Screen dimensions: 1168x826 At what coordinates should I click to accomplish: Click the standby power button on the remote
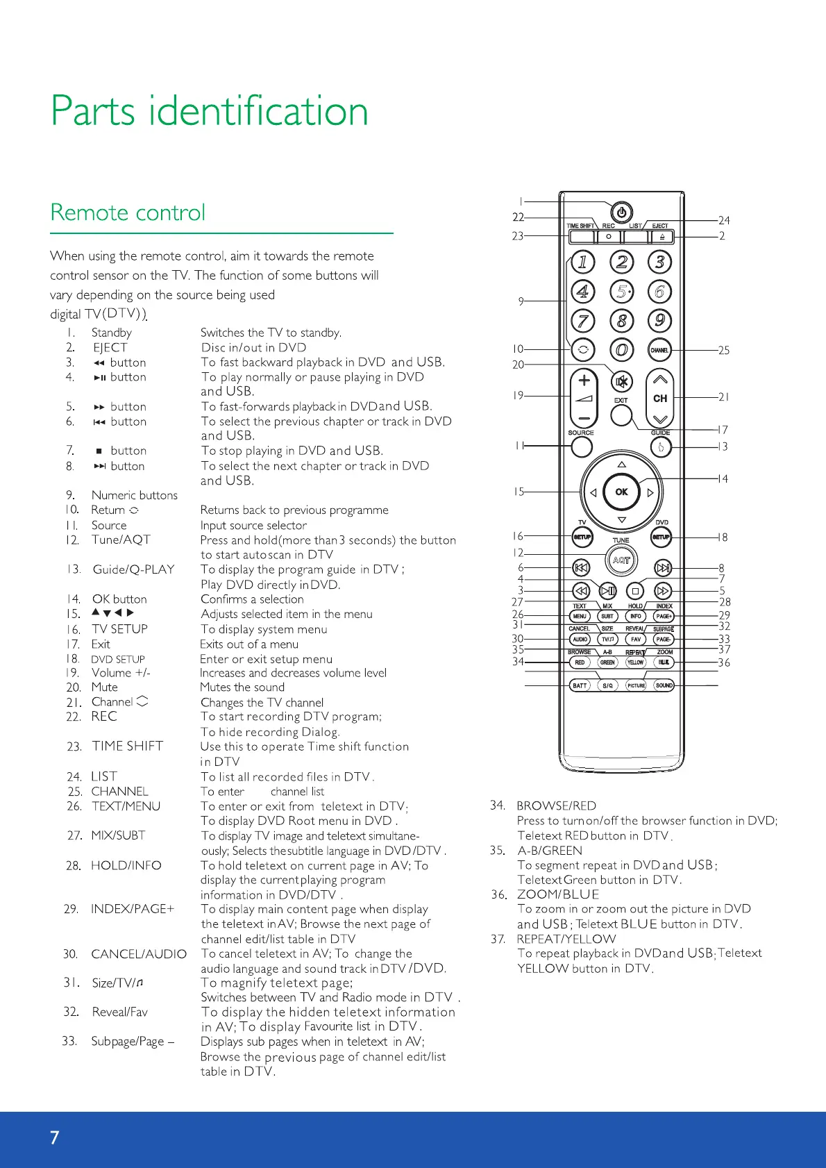(x=621, y=212)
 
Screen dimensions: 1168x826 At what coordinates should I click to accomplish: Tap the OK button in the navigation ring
(x=621, y=492)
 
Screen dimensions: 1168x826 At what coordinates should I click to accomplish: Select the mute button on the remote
(x=622, y=381)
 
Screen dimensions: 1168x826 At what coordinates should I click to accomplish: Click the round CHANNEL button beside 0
(x=659, y=350)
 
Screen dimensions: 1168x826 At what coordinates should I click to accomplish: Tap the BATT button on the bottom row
(x=580, y=685)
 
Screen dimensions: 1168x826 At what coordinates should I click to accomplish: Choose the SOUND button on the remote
(x=664, y=685)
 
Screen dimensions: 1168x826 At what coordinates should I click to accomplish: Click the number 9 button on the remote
(x=659, y=321)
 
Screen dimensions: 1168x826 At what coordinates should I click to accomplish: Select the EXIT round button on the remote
(x=621, y=415)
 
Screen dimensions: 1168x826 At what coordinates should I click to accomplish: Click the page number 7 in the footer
(x=55, y=1137)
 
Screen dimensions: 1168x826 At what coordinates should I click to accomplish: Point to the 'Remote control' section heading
(x=128, y=212)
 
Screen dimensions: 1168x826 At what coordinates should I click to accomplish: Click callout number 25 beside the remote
(x=724, y=351)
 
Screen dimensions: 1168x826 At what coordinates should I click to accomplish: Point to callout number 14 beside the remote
(x=723, y=479)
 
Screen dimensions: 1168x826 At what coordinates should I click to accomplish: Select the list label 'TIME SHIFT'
(x=128, y=746)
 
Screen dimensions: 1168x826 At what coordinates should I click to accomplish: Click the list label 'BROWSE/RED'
(x=556, y=806)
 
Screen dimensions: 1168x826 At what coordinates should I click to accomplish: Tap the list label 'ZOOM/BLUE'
(x=557, y=894)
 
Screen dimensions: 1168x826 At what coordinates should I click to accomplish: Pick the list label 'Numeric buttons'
(x=135, y=495)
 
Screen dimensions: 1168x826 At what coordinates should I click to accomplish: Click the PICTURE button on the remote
(x=636, y=685)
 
